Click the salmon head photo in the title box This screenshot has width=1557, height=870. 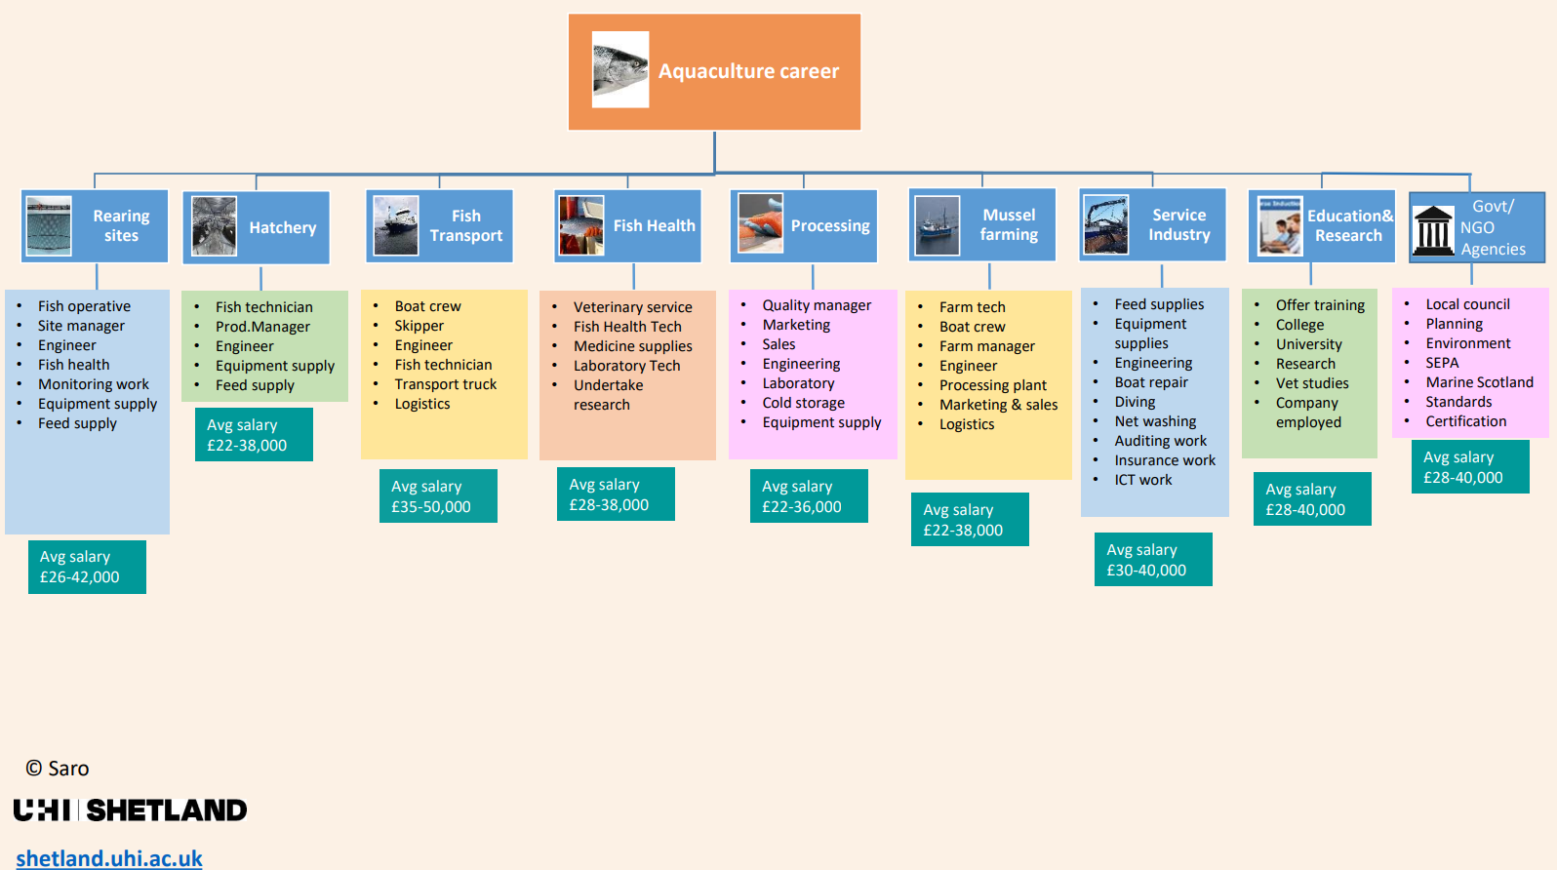coord(620,69)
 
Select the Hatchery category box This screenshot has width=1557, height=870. coord(256,227)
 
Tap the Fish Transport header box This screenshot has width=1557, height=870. coord(439,226)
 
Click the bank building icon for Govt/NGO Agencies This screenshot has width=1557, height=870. coord(1433,231)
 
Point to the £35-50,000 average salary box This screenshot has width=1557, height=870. coord(438,496)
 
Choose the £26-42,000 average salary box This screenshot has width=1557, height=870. coord(87,567)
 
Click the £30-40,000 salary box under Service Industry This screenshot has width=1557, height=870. coord(1153,560)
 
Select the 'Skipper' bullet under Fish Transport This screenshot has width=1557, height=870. coord(419,326)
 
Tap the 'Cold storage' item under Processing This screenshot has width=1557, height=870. coord(804,403)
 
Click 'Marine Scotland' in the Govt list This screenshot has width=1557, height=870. coord(1479,382)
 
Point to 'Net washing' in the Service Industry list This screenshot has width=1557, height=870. coord(1155,421)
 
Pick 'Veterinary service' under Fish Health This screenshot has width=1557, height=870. coord(632,307)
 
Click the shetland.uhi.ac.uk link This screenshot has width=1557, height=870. coord(109,858)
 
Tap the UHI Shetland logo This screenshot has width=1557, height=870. coord(130,811)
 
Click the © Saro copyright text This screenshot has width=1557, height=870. coord(57,768)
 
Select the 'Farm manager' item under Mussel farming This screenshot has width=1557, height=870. coord(987,346)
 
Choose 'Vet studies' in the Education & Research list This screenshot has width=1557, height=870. coord(1311,383)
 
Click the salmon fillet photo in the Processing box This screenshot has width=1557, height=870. coord(760,223)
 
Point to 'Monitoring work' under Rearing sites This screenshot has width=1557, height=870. coord(93,384)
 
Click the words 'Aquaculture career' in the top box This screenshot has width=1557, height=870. coord(748,71)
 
